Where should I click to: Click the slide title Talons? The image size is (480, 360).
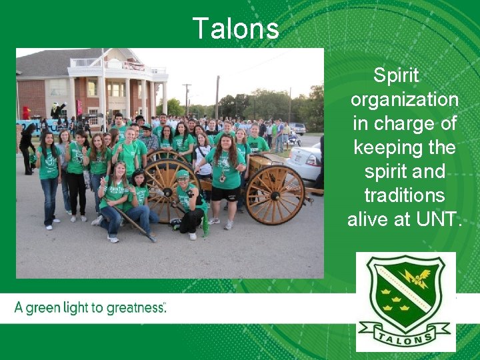coord(235,29)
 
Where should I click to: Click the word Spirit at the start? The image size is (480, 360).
coord(396,76)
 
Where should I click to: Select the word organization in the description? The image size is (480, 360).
coord(404,100)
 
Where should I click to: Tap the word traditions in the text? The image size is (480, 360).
coord(404,195)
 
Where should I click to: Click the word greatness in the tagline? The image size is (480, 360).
coord(131,308)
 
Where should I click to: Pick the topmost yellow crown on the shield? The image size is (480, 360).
coord(385,291)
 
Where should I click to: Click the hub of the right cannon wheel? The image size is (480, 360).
coord(275,195)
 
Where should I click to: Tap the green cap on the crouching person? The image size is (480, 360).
coord(182,175)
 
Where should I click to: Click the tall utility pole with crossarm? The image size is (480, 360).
coord(187,97)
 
